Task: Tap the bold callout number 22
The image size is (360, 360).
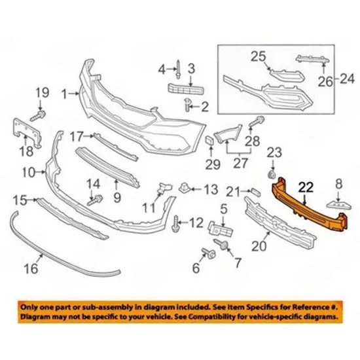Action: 306,187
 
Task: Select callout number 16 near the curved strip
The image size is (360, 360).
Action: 31,268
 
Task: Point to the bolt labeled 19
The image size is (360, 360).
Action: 38,116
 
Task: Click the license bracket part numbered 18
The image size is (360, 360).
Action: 27,132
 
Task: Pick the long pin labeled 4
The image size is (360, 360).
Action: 178,69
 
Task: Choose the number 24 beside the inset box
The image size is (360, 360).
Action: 347,79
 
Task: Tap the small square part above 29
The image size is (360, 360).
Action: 210,141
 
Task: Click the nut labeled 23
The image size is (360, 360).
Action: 272,175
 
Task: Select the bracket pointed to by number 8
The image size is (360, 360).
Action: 338,205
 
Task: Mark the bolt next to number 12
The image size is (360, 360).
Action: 175,223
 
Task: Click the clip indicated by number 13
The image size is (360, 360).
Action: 185,188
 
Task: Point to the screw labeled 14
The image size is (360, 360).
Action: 95,200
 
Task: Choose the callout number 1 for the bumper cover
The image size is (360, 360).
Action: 64,94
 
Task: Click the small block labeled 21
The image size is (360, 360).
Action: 255,192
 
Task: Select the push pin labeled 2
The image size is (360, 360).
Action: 188,105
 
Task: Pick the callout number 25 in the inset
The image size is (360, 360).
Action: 259,56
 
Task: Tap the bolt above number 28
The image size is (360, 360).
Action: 257,122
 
